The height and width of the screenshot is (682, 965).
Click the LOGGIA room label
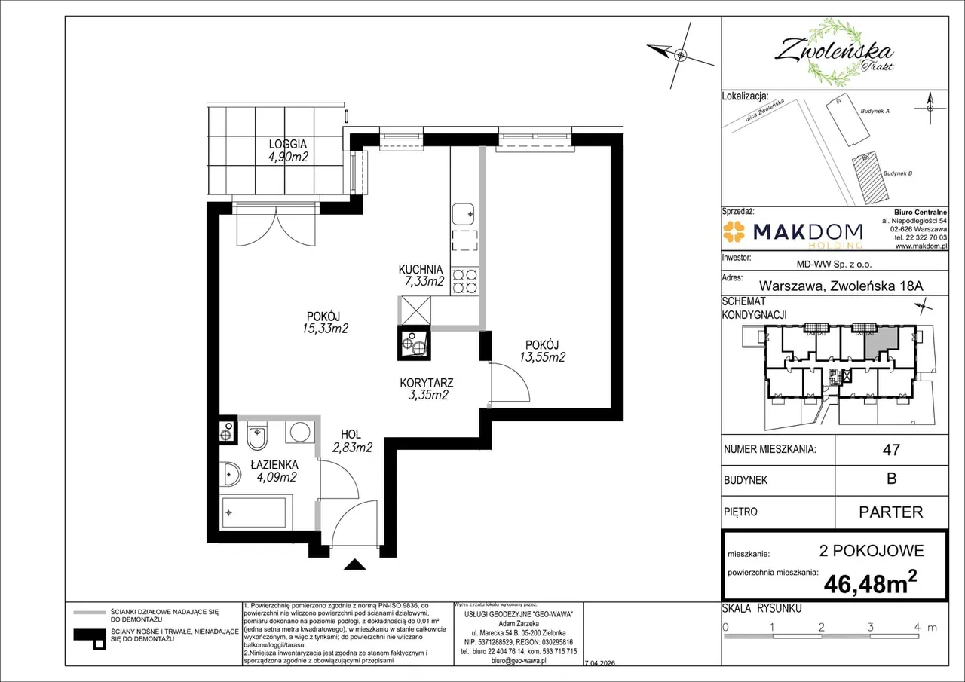[x=288, y=144]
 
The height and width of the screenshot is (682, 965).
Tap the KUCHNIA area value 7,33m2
[x=424, y=281]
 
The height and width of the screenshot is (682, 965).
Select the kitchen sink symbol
[x=463, y=214]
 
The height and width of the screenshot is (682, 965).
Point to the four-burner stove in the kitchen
[x=465, y=281]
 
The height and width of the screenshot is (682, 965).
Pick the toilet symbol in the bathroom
[x=257, y=436]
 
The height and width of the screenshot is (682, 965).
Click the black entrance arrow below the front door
[x=354, y=564]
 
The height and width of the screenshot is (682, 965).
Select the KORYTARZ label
[x=426, y=383]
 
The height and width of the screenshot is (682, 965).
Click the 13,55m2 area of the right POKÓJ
[x=542, y=357]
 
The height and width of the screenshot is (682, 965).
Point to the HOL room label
[x=351, y=434]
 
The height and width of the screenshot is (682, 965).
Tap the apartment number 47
[x=891, y=450]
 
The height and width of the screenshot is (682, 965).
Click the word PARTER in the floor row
[x=891, y=512]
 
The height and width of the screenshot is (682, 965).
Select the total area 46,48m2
[x=870, y=582]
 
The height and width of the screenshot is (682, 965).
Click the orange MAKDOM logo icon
[x=734, y=231]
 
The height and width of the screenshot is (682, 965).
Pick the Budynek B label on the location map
[x=898, y=173]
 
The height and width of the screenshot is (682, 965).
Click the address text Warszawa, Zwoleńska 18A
[x=841, y=286]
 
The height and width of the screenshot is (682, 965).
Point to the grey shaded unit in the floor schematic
[x=881, y=342]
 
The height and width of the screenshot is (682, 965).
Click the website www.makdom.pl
[x=921, y=246]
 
